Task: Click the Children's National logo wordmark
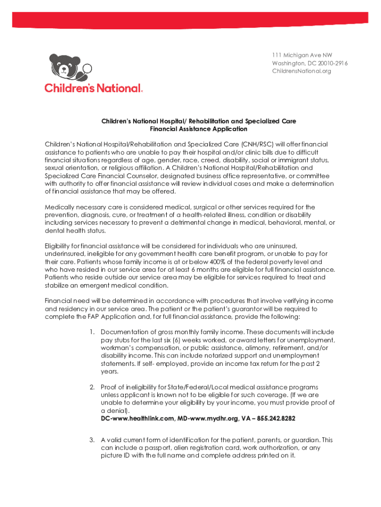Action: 94,88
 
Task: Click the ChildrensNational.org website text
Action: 301,71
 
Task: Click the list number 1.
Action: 92,332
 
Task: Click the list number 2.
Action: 92,387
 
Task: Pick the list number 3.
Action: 92,440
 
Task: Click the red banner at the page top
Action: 190,20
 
